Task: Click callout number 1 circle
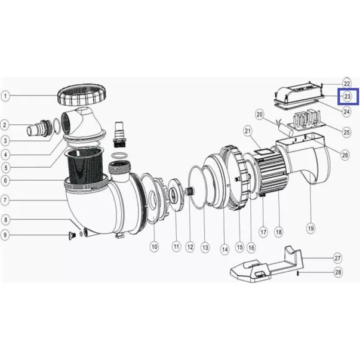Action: tap(5, 96)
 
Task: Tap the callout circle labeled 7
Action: tap(5, 200)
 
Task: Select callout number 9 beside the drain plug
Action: tap(5, 235)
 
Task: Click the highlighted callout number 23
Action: tap(347, 97)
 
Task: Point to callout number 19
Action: tap(310, 228)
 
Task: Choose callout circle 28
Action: tap(338, 272)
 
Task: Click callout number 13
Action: tap(205, 248)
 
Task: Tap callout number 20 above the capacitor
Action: tap(260, 114)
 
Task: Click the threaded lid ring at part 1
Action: tap(82, 94)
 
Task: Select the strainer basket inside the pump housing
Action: tap(85, 166)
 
